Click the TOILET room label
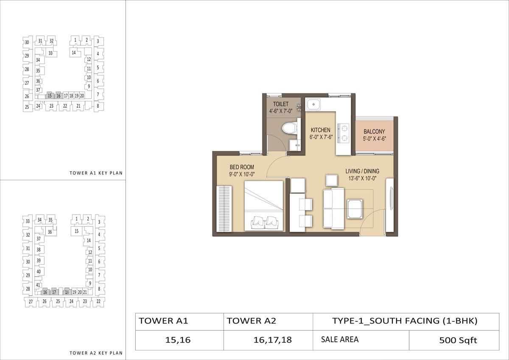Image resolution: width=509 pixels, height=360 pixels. tap(281, 104)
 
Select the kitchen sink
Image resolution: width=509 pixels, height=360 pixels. tap(313, 104)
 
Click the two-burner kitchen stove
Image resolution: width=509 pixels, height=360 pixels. tap(343, 133)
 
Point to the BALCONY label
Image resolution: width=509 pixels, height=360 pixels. tap(374, 131)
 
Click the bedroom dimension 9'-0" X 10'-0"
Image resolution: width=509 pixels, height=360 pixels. tap(242, 174)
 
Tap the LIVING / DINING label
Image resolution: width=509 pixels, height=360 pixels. tap(362, 171)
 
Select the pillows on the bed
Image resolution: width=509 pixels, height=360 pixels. tap(265, 222)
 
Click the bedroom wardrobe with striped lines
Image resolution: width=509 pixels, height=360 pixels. tap(224, 209)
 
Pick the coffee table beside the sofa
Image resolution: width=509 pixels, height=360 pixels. tap(355, 209)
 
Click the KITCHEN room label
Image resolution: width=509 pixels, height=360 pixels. tap(320, 130)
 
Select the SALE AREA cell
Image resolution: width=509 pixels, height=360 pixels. tap(361, 340)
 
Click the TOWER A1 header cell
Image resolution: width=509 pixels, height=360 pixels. tap(179, 321)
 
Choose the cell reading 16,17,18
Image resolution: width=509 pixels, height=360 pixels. tap(268, 340)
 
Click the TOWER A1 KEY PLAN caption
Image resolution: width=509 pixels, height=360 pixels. tap(96, 173)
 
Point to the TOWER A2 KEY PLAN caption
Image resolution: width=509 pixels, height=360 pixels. tap(96, 353)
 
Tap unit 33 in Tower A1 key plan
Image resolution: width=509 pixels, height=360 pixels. tap(50, 53)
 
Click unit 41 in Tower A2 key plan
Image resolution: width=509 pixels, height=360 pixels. tap(38, 285)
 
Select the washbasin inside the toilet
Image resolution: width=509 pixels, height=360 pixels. tap(295, 145)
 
